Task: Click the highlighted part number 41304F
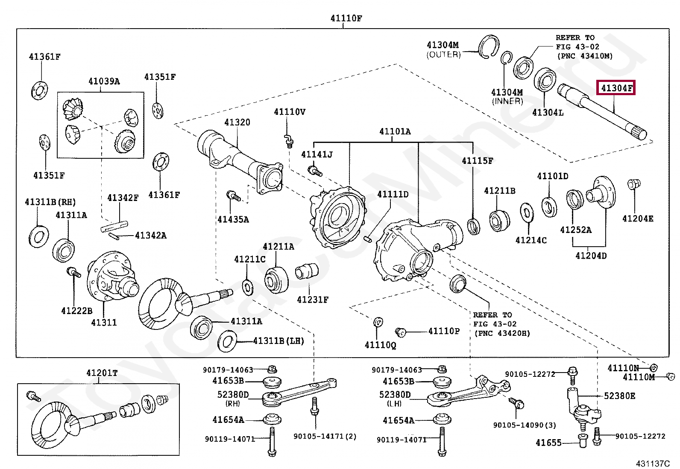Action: point(616,88)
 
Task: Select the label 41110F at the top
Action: point(346,18)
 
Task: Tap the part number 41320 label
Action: point(237,122)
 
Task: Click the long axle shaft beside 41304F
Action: point(602,111)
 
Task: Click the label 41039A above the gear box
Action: point(104,81)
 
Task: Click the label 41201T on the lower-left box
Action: point(102,373)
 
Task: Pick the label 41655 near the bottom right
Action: point(548,443)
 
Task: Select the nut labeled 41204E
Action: point(633,184)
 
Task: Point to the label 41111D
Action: point(393,195)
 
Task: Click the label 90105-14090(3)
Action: point(525,425)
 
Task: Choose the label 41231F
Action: point(313,300)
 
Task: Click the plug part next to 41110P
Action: point(401,332)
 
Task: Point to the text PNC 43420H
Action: point(502,333)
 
